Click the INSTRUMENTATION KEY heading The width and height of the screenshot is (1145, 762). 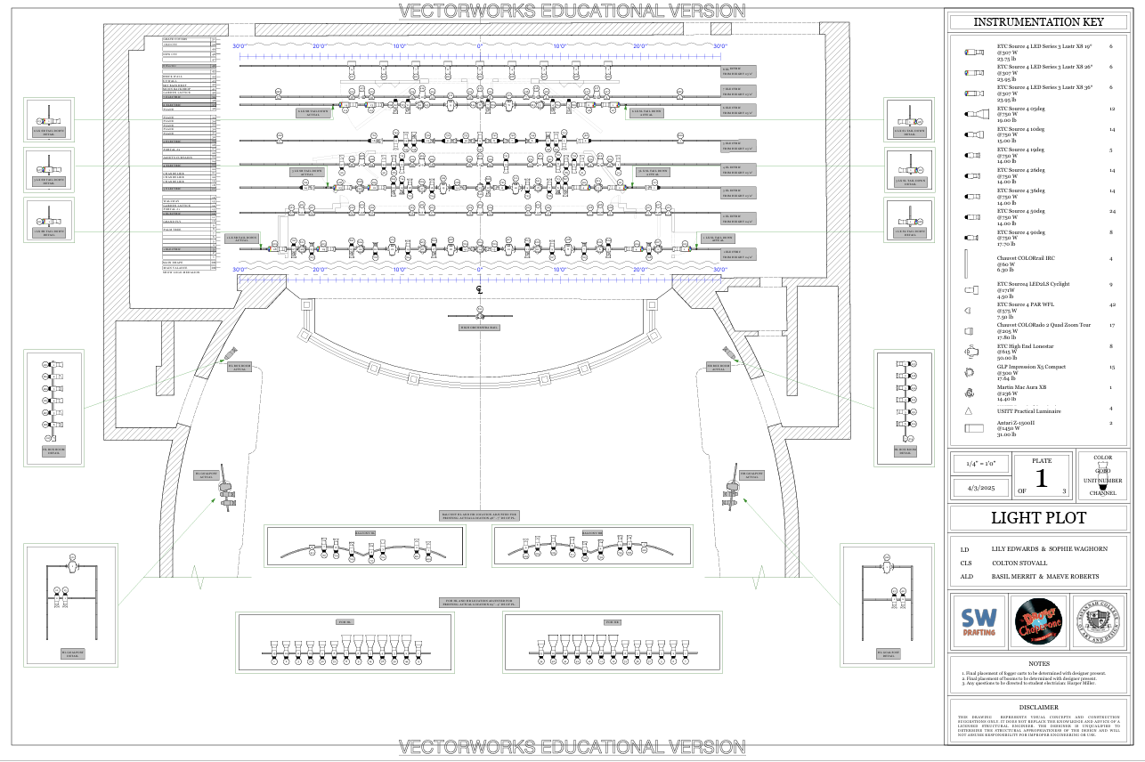tap(1038, 22)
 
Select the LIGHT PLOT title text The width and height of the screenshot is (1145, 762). tap(1038, 519)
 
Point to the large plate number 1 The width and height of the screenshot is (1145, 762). tap(1041, 478)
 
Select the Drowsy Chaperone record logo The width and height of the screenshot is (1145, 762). tap(1038, 623)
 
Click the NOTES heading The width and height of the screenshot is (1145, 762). tap(1038, 663)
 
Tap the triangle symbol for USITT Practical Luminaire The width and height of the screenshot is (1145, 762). tap(968, 411)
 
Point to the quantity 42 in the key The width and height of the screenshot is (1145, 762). tap(1111, 304)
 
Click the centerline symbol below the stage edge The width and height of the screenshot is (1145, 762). tap(479, 290)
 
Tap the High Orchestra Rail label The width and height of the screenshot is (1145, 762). tap(479, 328)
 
